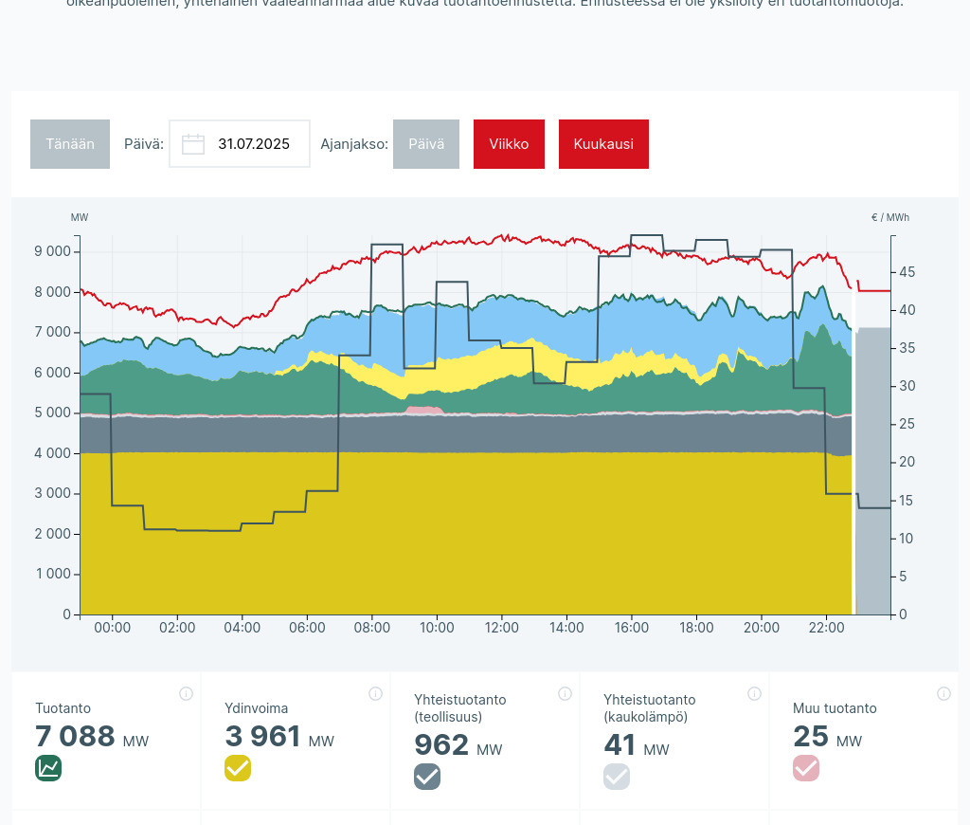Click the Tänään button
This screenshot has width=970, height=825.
70,144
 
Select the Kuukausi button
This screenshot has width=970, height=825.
603,144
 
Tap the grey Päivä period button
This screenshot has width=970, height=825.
426,144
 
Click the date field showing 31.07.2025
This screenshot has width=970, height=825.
253,144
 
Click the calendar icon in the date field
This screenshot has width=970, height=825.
193,144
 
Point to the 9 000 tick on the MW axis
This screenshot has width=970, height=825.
52,251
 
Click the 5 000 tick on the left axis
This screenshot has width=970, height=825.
52,412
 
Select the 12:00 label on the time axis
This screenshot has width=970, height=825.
502,628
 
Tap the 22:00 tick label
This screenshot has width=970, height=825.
826,628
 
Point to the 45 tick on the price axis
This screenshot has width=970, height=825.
907,272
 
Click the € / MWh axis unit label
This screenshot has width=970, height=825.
889,217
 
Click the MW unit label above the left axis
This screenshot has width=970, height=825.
80,217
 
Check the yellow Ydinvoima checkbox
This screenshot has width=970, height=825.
238,768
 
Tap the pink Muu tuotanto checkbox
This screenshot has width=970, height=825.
806,768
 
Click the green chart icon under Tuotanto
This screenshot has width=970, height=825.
48,768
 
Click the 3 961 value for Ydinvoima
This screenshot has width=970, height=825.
262,736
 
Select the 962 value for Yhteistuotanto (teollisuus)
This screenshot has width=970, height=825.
441,744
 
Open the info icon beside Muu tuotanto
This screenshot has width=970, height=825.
943,693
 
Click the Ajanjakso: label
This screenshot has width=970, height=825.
354,144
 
